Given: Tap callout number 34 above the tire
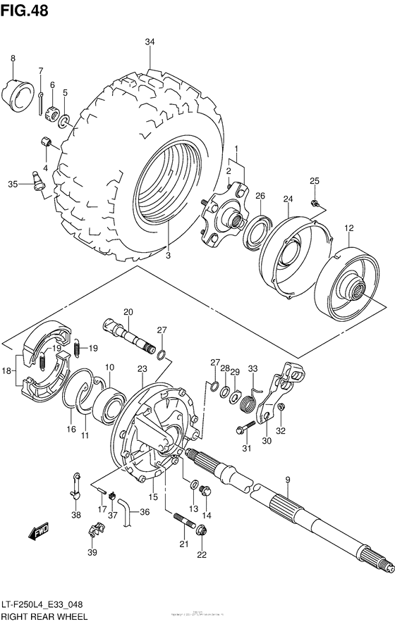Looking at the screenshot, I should click(150, 42).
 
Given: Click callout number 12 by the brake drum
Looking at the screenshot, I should click(348, 227).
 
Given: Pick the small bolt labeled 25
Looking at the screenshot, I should click(315, 204).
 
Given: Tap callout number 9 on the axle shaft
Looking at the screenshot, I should click(287, 480).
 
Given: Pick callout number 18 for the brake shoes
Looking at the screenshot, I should click(7, 369).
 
